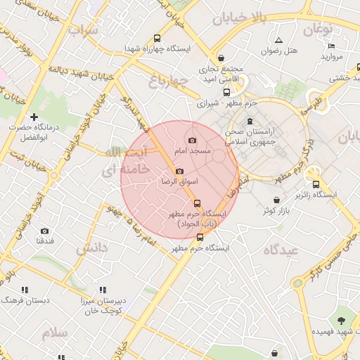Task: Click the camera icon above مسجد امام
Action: [x=193, y=141]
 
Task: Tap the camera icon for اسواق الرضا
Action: [x=179, y=172]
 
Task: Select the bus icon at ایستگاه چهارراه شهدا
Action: [x=157, y=39]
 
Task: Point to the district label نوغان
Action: [x=318, y=29]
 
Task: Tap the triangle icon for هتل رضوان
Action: [x=279, y=41]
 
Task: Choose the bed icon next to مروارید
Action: [x=331, y=46]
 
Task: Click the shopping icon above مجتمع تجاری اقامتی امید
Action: [x=222, y=58]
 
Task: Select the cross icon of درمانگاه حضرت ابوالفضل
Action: [x=33, y=117]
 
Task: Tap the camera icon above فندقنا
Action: [x=44, y=231]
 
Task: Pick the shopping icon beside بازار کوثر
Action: [x=276, y=200]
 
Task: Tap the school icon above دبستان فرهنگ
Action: [x=25, y=290]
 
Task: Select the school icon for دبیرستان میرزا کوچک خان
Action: [x=103, y=290]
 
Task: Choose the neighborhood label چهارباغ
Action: [x=169, y=82]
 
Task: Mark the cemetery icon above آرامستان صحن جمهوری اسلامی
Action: [x=250, y=122]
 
